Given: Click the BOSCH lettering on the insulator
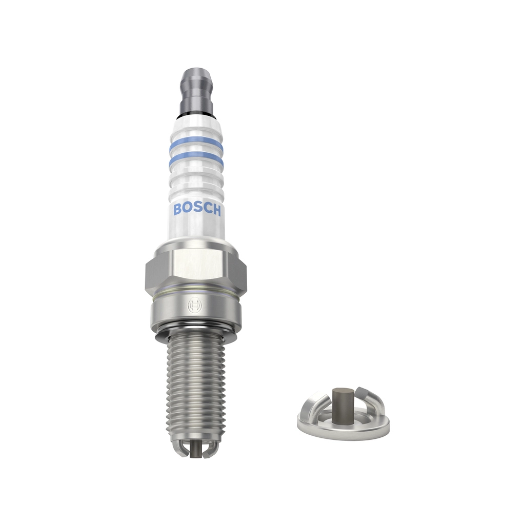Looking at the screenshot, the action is (x=197, y=210).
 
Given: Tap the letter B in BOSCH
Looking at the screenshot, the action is (x=177, y=209).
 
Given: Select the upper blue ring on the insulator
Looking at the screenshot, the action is (x=196, y=143).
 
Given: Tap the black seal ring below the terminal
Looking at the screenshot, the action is (x=196, y=116).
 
